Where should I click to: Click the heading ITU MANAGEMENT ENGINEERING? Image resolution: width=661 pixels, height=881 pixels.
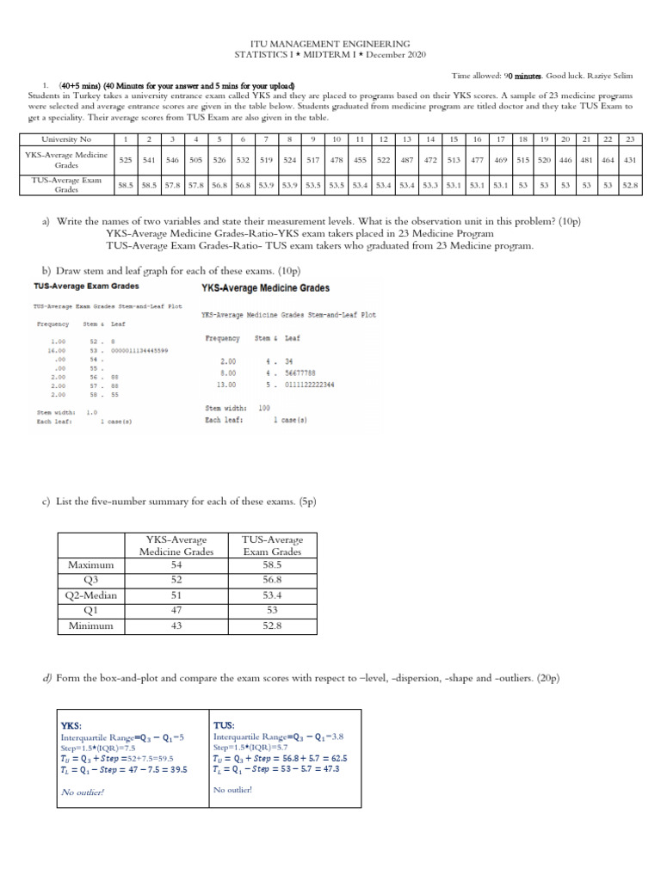coord(330,43)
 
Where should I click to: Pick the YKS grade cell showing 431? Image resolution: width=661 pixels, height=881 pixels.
coord(629,160)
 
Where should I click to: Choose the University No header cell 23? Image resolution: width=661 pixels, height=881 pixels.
coord(629,139)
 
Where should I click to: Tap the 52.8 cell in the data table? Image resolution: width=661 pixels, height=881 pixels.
coord(629,184)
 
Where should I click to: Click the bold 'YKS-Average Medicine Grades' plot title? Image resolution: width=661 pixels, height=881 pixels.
coord(265,288)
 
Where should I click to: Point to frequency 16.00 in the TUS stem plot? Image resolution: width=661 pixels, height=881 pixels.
coord(58,350)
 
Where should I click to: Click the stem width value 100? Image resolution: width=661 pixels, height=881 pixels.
coord(263,408)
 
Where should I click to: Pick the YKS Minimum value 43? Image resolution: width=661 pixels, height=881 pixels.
coord(176,626)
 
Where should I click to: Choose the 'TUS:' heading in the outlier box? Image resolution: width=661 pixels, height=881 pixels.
coord(223,725)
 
